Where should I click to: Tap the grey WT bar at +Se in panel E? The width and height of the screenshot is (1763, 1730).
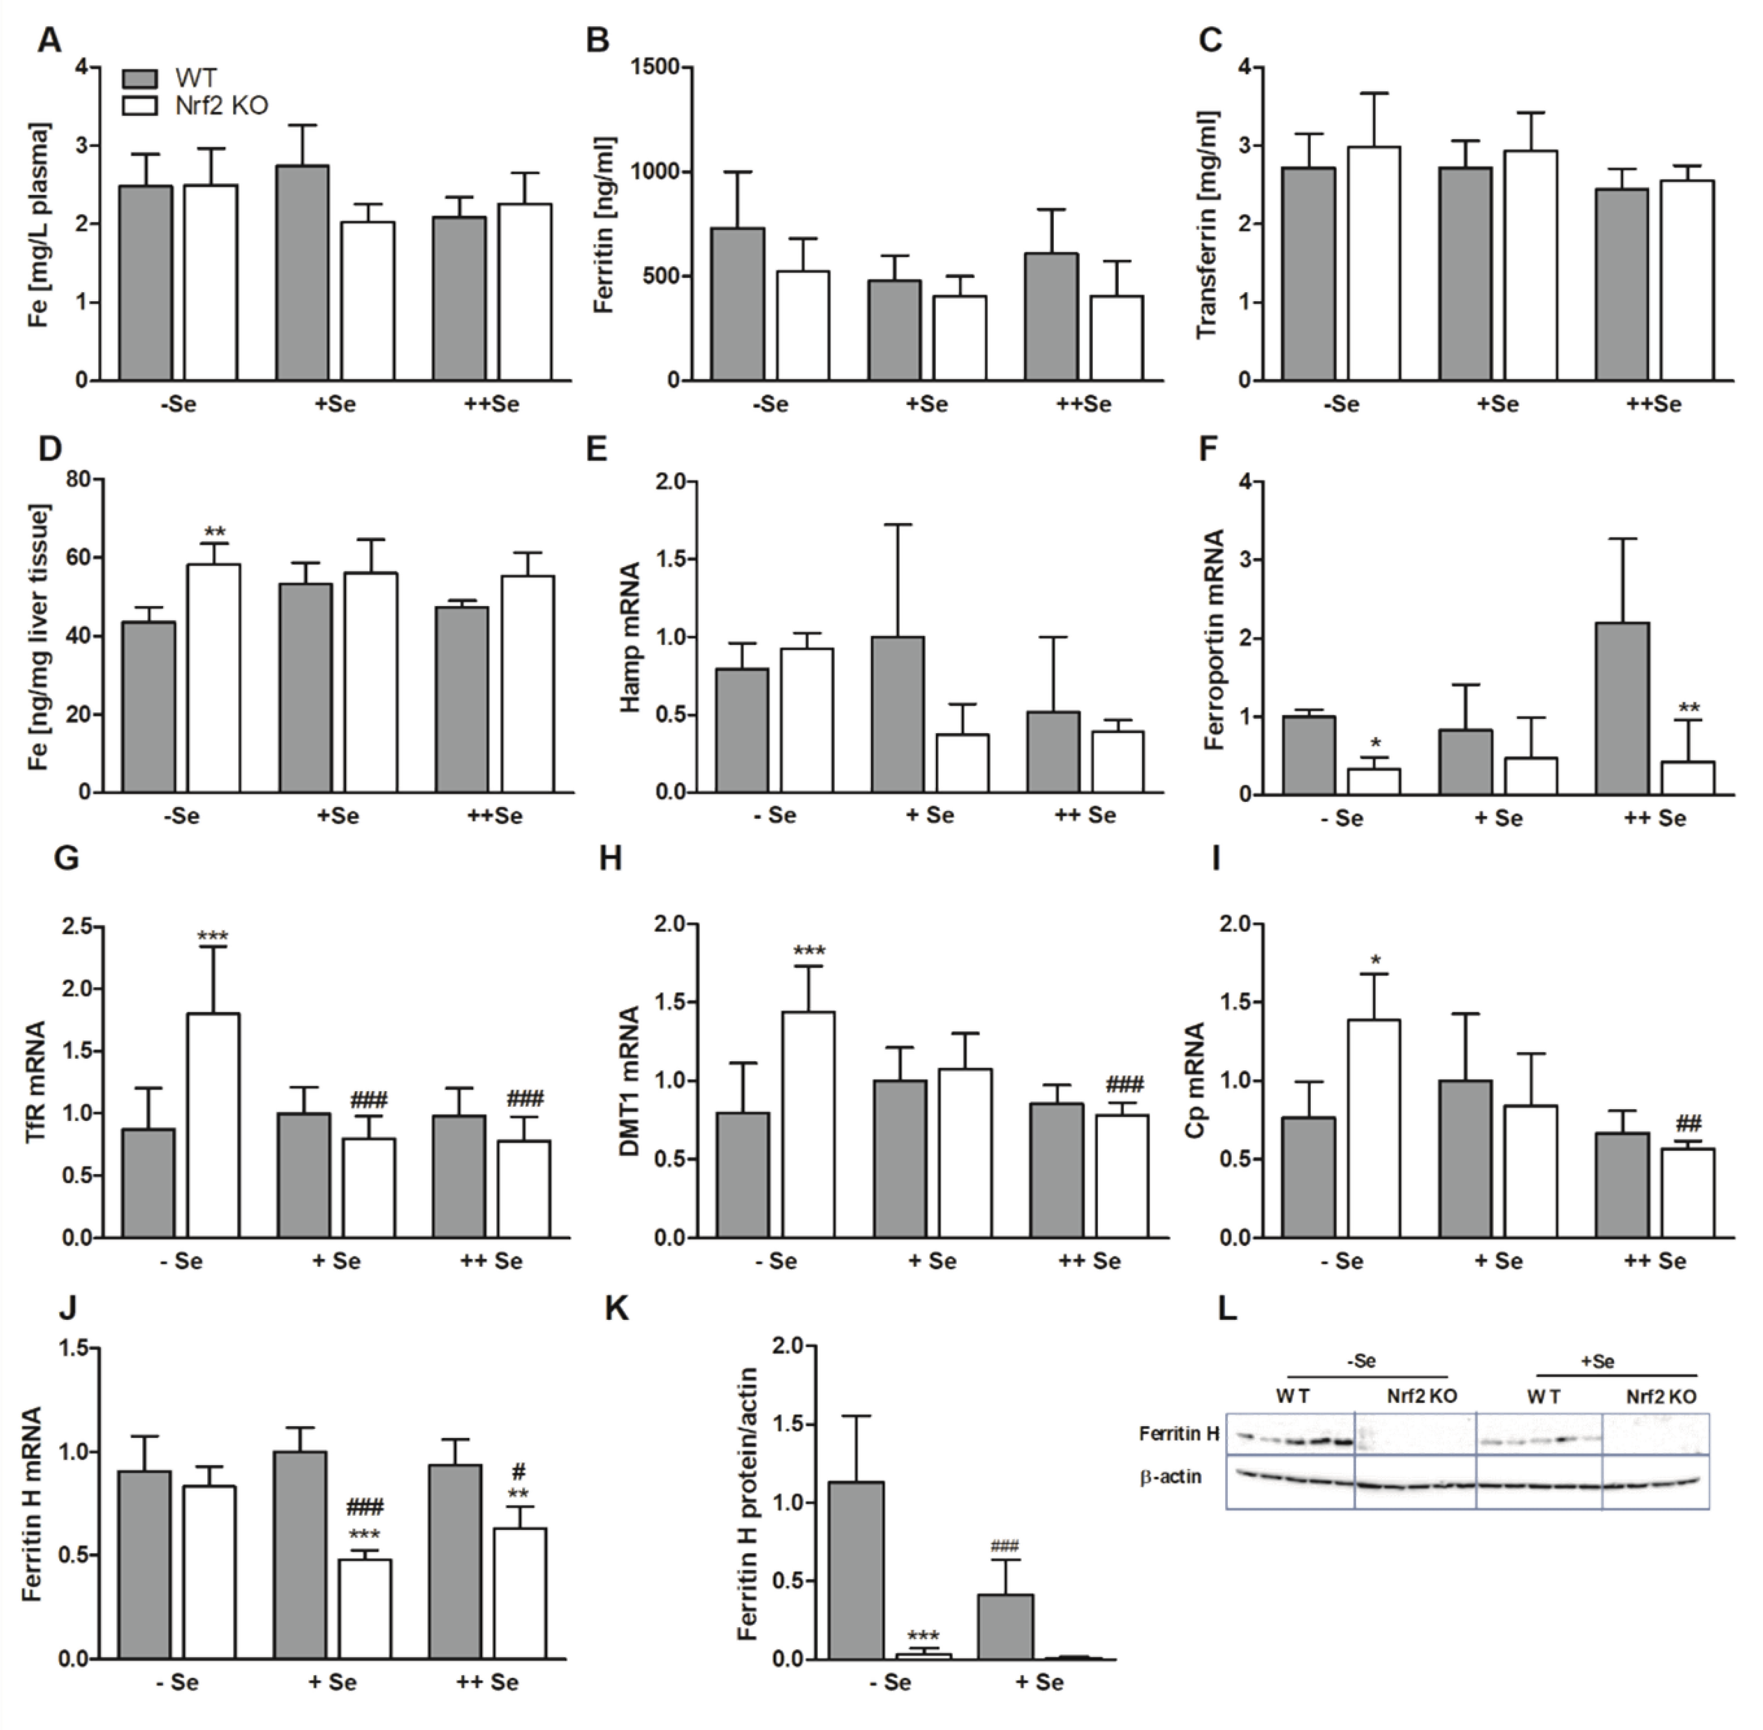click(x=898, y=714)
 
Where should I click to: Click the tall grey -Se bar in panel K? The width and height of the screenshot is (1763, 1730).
click(x=857, y=1571)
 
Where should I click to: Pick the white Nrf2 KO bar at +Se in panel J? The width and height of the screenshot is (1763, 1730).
click(x=365, y=1609)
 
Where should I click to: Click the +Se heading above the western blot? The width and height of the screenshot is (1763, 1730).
click(x=1597, y=1361)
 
